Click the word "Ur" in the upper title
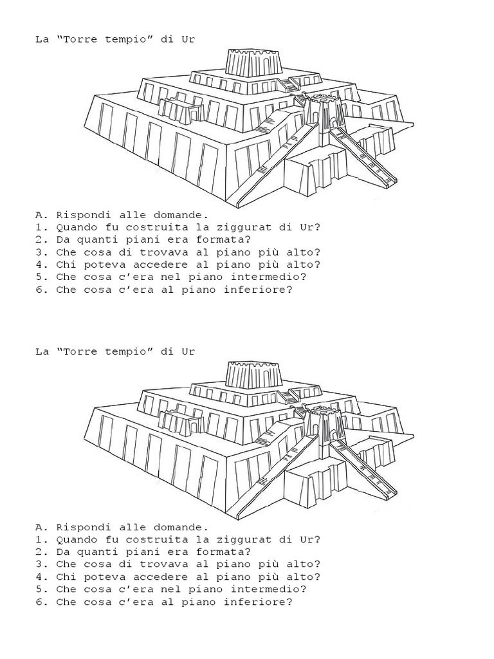pos(187,39)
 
